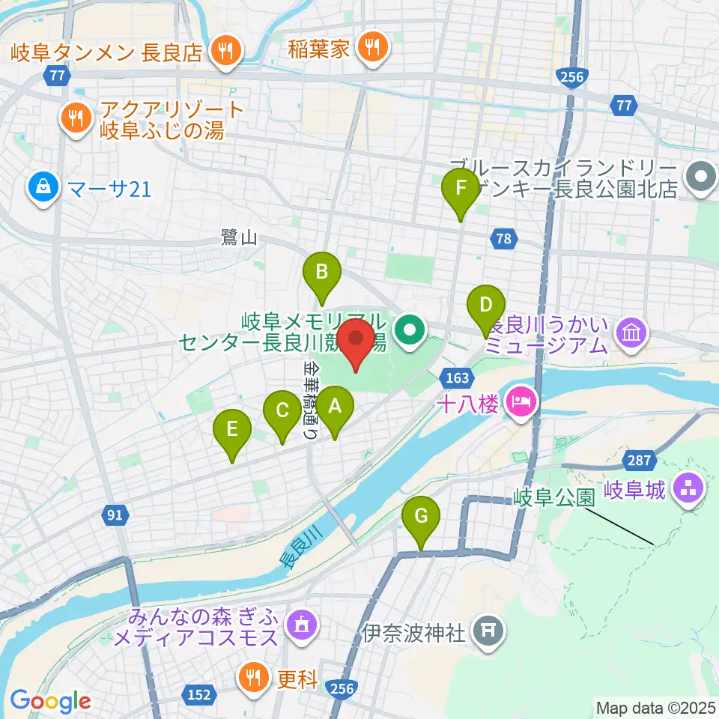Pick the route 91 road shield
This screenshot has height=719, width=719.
[114, 515]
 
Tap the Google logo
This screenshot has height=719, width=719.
[50, 701]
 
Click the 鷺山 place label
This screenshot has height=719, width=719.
[239, 238]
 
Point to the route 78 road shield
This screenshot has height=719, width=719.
[503, 239]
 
